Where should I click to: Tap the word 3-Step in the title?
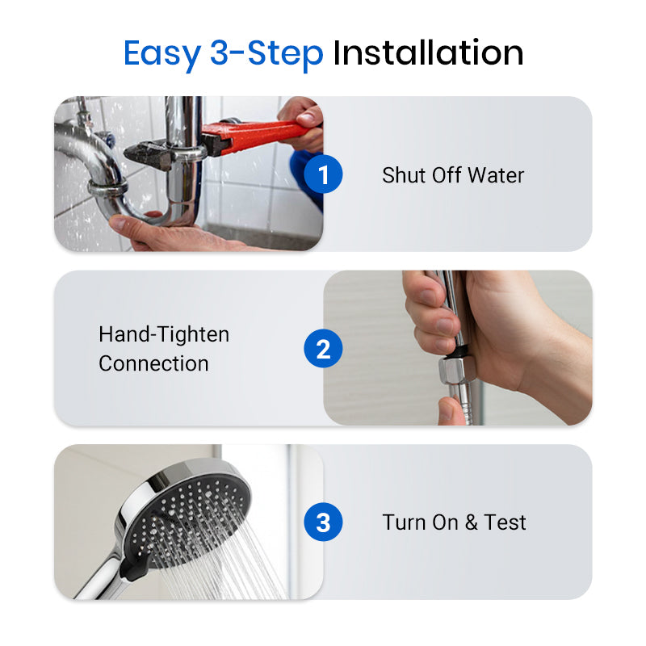(x=266, y=53)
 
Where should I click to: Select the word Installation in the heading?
(x=428, y=53)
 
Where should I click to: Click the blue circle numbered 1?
(x=323, y=175)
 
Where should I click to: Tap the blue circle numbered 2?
(x=323, y=350)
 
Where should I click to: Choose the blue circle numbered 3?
(x=323, y=523)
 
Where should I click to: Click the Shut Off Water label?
(x=453, y=175)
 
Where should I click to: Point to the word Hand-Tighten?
(x=164, y=334)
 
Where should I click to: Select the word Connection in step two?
(x=153, y=363)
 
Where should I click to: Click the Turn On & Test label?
(x=454, y=522)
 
